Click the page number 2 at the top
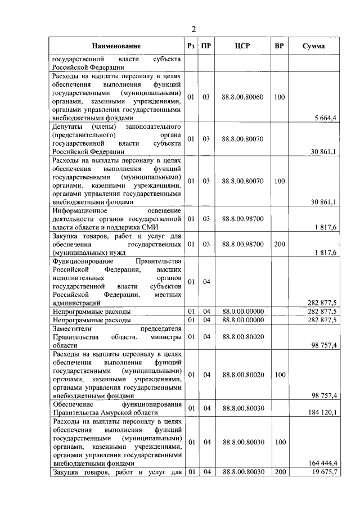click(193, 29)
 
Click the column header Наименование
click(117, 46)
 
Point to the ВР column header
click(279, 46)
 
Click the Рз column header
click(191, 46)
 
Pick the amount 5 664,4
click(325, 118)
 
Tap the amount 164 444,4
click(323, 463)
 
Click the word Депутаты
click(69, 127)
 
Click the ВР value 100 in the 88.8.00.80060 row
click(279, 97)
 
